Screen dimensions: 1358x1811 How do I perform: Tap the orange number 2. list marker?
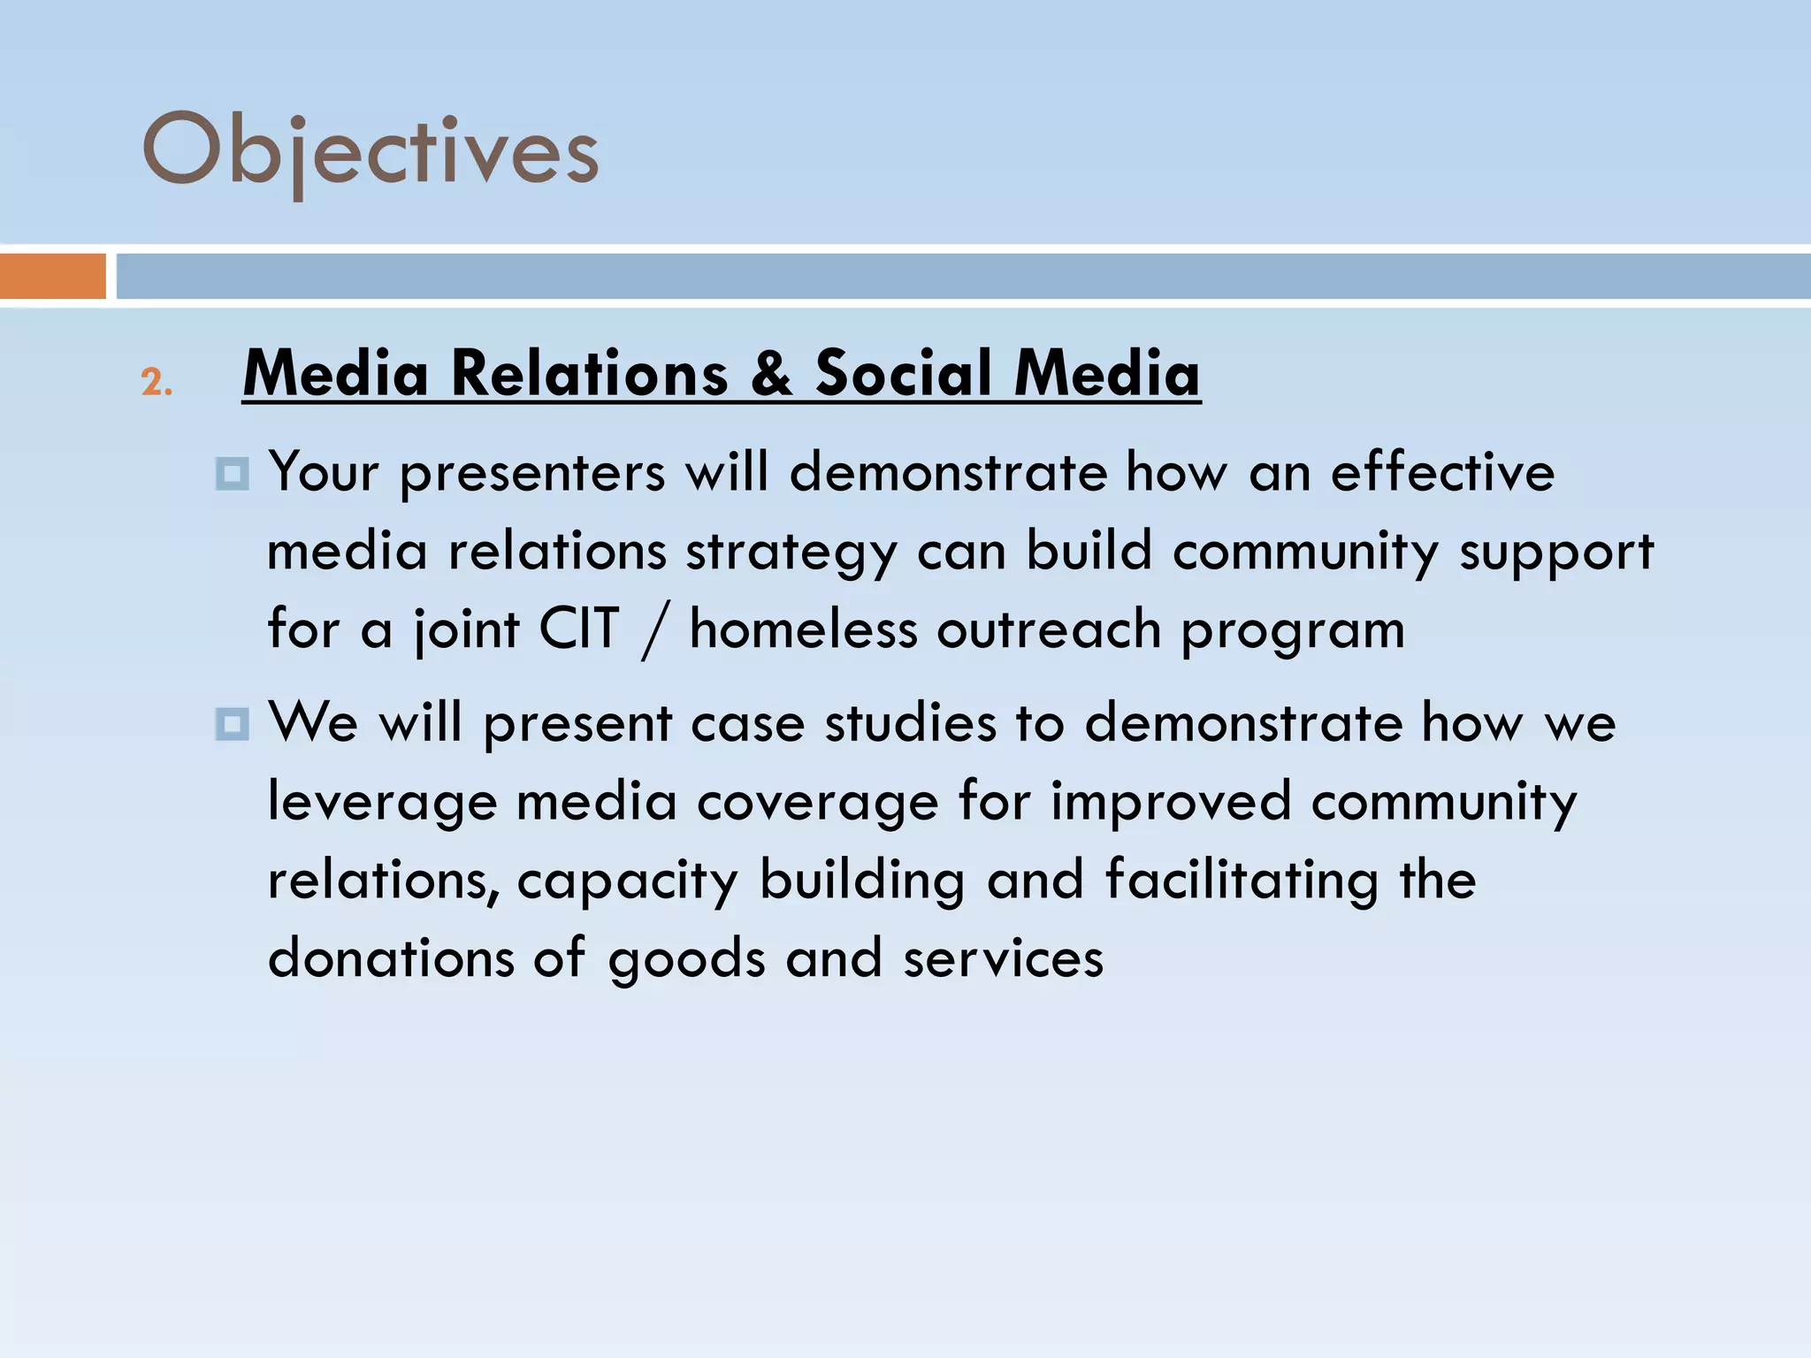pos(157,383)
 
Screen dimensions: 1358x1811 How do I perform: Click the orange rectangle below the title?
pos(52,276)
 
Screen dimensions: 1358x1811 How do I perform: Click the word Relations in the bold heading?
pos(590,374)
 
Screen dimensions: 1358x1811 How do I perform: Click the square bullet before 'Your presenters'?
pos(232,474)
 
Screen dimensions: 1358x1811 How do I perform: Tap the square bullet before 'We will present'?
pos(232,725)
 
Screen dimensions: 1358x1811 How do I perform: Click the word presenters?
pos(531,474)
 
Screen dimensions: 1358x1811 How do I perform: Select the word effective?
pos(1442,472)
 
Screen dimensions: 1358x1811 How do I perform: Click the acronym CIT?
pos(579,629)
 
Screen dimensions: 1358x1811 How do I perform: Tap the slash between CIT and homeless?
pos(653,631)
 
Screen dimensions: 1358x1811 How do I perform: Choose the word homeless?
pos(803,629)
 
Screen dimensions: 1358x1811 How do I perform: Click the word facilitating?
pos(1242,881)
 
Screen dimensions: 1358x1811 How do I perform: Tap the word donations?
pos(391,958)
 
